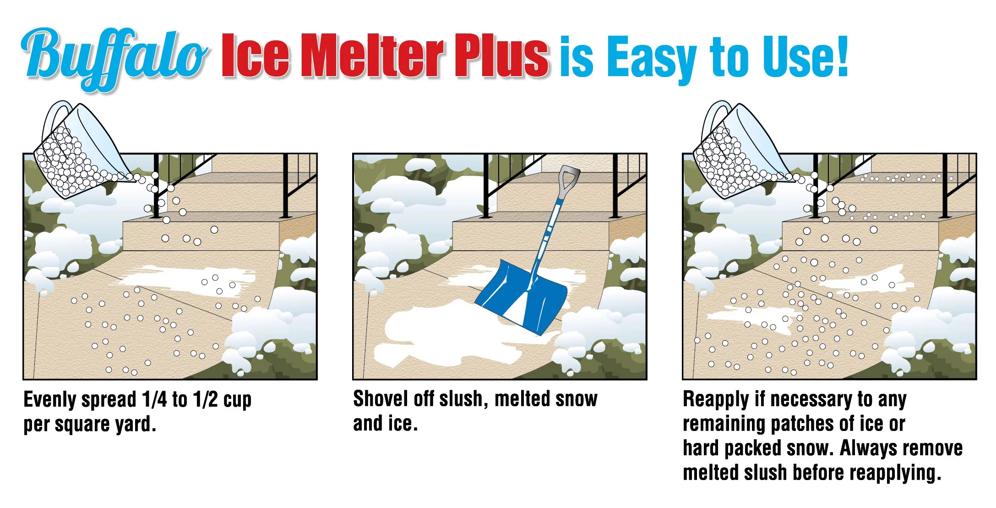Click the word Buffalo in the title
coord(114,57)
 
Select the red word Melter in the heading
coord(373,56)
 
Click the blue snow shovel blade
coord(522,296)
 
